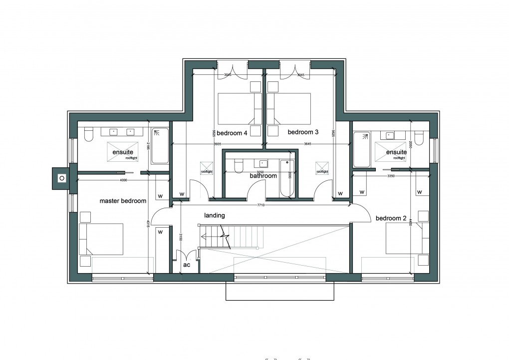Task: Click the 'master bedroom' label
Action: (123, 201)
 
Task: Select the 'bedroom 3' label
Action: (303, 133)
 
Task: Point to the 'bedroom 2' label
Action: (391, 218)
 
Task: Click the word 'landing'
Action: (215, 215)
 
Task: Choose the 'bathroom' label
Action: (263, 176)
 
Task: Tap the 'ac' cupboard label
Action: (187, 265)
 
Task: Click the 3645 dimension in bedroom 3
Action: (308, 144)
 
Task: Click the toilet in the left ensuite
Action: (89, 134)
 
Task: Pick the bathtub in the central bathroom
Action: (286, 178)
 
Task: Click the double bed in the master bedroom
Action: (101, 239)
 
